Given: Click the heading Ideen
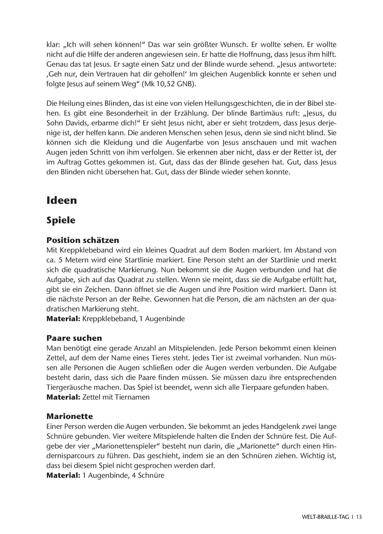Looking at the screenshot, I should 61,200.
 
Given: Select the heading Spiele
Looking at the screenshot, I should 61,220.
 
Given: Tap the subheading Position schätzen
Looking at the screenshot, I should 83,240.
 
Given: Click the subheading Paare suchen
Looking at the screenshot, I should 74,338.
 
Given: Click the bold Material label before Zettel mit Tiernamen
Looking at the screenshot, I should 63,397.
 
